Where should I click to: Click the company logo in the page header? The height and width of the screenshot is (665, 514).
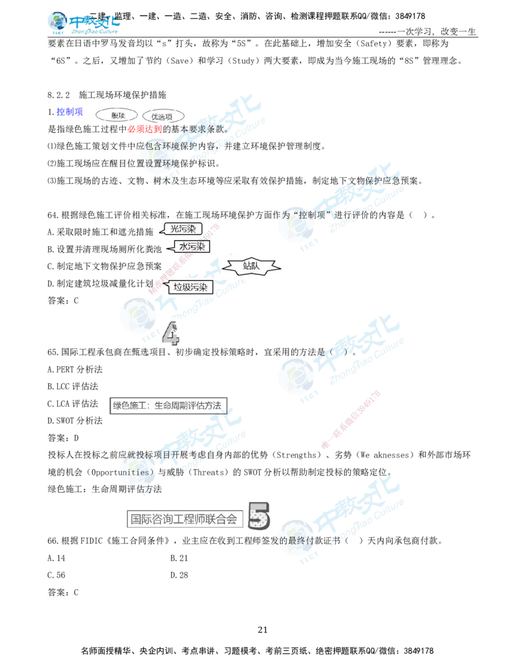click(x=84, y=23)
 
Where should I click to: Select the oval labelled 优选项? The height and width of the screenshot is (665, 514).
click(x=162, y=116)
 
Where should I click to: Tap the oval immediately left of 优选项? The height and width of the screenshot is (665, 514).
click(x=116, y=116)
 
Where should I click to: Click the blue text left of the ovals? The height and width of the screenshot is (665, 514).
click(x=69, y=112)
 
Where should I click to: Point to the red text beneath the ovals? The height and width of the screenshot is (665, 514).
click(x=144, y=129)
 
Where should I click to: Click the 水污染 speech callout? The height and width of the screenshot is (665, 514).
click(x=191, y=246)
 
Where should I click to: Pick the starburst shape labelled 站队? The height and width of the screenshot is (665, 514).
click(x=251, y=266)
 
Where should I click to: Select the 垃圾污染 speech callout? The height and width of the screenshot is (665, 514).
click(x=189, y=287)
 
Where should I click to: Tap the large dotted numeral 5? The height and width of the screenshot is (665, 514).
click(x=258, y=516)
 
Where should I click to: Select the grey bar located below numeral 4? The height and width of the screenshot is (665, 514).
click(x=169, y=406)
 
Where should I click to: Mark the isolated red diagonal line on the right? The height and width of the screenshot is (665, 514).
click(x=350, y=420)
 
